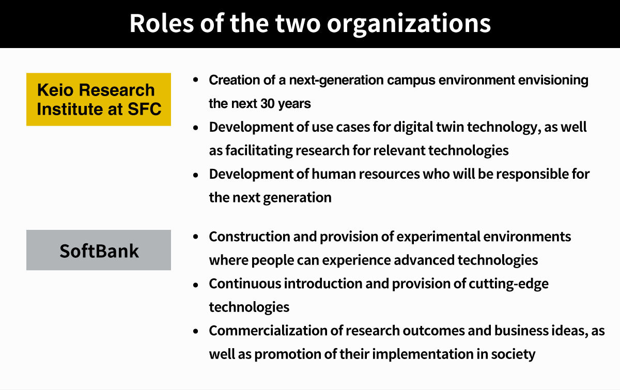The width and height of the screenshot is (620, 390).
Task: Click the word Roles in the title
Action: point(162,23)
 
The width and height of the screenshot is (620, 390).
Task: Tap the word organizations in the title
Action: point(409,24)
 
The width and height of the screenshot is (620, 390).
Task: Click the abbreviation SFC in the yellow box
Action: point(145,109)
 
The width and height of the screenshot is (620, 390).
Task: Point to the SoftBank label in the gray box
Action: point(99,251)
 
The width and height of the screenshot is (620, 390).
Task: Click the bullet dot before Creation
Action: point(196,80)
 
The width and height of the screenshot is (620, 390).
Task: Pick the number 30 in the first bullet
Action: point(268,103)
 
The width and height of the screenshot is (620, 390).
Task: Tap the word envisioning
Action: point(553,81)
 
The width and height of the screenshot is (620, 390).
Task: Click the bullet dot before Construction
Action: point(196,237)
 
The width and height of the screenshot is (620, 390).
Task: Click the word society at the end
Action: point(513,355)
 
